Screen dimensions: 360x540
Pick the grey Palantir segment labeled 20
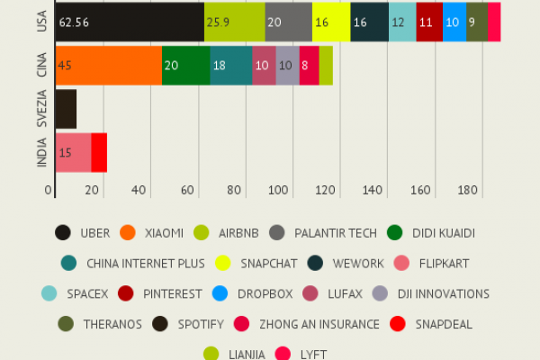tap(289, 22)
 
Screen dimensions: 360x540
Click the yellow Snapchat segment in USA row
tap(331, 22)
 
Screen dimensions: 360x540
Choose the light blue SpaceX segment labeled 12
tap(402, 22)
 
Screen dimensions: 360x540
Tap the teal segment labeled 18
tap(231, 66)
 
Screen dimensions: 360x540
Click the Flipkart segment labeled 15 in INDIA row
tap(73, 152)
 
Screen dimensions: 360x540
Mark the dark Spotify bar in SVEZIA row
tap(66, 109)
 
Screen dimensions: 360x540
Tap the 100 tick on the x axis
tap(277, 190)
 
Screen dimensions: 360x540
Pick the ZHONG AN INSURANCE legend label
tap(314, 324)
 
